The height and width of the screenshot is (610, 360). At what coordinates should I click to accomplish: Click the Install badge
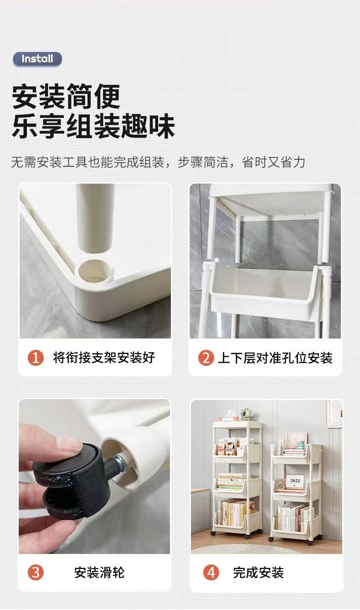click(37, 59)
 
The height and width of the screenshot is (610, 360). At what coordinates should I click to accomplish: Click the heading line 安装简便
click(66, 97)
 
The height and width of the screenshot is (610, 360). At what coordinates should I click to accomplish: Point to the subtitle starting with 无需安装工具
click(158, 162)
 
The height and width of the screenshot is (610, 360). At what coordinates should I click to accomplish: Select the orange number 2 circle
click(206, 358)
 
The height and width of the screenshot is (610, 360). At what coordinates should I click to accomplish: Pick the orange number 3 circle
click(36, 573)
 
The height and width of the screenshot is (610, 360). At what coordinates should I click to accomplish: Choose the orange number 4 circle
click(211, 573)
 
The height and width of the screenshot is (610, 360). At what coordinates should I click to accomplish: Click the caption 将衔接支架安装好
click(104, 358)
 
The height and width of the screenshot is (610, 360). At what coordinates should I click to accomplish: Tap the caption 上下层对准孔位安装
click(275, 358)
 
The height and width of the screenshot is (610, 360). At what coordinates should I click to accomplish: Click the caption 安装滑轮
click(99, 573)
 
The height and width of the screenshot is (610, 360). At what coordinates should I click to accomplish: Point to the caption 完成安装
click(258, 573)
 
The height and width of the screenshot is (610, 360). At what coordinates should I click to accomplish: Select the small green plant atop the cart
click(247, 414)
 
